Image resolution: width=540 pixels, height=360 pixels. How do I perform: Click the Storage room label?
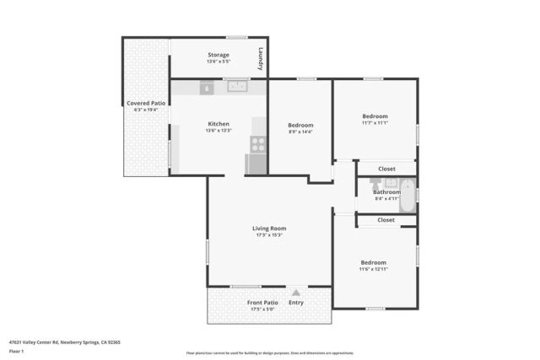(x=218, y=55)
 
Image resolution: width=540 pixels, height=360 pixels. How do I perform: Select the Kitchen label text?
(x=218, y=124)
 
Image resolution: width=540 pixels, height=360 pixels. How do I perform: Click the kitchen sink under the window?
(x=237, y=86)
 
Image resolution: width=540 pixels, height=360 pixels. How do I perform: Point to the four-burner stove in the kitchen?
(x=257, y=144)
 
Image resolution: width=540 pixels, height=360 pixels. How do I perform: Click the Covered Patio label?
(x=145, y=103)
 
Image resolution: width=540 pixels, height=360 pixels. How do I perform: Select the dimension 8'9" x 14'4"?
(x=300, y=132)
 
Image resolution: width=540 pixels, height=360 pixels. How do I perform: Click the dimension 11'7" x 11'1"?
(x=375, y=123)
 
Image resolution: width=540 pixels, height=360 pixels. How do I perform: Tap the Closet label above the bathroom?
(x=386, y=169)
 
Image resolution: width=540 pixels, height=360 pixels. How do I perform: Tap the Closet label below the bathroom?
(x=386, y=220)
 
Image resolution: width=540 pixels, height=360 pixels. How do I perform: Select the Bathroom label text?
(x=386, y=191)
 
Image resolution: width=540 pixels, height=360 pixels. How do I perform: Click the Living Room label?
(x=269, y=228)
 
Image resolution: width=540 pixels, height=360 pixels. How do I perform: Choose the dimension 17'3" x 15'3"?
(x=269, y=235)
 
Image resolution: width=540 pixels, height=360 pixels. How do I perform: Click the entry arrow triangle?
(x=295, y=292)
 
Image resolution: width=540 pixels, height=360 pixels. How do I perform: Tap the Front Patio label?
(x=262, y=303)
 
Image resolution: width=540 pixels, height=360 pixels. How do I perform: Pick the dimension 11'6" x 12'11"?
(x=374, y=269)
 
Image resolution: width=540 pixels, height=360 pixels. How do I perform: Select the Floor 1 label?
(x=16, y=351)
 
